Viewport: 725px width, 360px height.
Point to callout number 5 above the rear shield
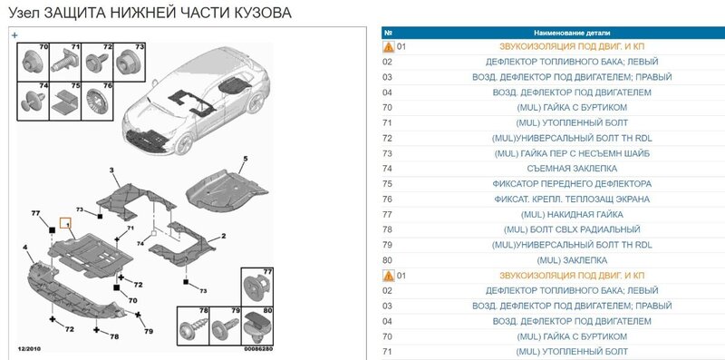coord(246,159)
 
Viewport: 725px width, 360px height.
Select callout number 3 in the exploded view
coord(111,170)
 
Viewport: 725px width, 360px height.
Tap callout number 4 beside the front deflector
coord(25,248)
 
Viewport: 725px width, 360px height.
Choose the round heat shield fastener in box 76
coord(96,102)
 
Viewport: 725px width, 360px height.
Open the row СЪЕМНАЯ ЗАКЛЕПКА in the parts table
coord(572,169)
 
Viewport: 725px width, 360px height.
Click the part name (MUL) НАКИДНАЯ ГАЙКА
coord(572,214)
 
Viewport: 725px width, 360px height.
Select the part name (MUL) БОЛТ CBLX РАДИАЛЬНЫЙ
coord(572,229)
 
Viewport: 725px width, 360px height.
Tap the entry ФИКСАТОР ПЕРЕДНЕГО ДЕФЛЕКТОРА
coord(572,184)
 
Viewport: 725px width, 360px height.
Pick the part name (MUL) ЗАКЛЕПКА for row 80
coord(572,260)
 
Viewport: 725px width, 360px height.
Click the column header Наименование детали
coord(572,33)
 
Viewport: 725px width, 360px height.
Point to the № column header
coord(389,33)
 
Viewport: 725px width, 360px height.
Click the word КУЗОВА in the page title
coord(264,13)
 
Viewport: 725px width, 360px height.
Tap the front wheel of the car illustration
coord(185,143)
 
